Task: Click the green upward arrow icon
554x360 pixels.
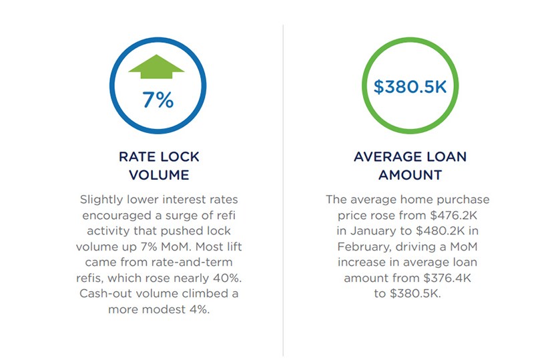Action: click(x=158, y=68)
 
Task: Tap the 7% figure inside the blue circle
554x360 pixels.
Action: click(x=158, y=100)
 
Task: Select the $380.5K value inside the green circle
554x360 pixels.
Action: click(x=410, y=87)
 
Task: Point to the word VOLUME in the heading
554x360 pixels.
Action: click(x=159, y=176)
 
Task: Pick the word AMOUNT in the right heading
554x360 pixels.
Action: click(x=410, y=176)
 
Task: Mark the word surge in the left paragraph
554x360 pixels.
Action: click(x=194, y=214)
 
